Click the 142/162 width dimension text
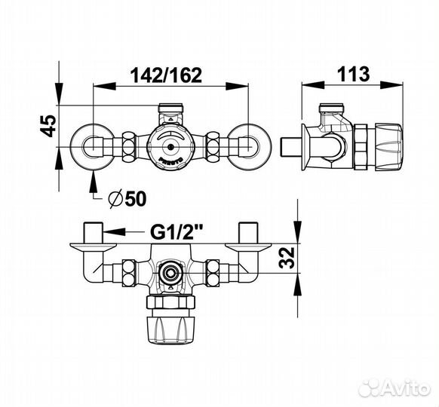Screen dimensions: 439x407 pos(166,75)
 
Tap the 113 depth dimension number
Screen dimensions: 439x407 pos(353,74)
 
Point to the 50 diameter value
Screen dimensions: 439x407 pos(136,199)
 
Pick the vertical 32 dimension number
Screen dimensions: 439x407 pos(287,258)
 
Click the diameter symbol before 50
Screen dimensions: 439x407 pos(116,199)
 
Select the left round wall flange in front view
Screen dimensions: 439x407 pos(92,147)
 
